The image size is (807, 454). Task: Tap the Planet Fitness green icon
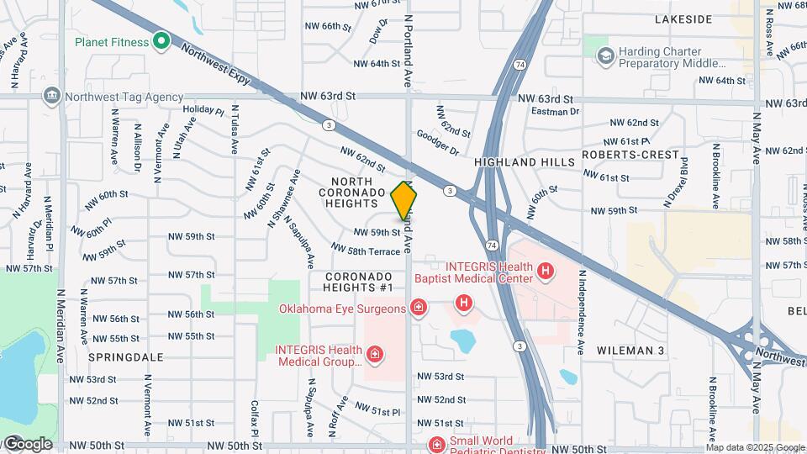point(161,41)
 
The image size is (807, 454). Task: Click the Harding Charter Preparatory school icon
point(604,55)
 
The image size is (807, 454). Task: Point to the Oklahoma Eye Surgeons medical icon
point(417,309)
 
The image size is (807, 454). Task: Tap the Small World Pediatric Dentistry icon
point(436,444)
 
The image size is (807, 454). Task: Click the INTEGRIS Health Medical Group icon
point(374,356)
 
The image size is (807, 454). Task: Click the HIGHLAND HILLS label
point(525,161)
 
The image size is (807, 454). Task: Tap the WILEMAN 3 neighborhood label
point(630,349)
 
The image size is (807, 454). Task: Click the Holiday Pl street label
point(203,110)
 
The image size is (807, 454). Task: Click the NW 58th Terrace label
point(366,250)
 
